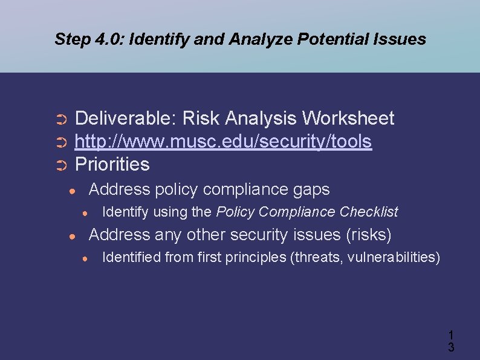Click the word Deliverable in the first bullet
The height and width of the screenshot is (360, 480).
[125, 119]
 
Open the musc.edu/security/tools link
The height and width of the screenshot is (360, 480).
[222, 142]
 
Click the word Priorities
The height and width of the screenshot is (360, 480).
[112, 165]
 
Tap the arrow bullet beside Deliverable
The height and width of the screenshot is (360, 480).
[60, 119]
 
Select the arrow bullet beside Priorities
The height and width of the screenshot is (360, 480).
[60, 165]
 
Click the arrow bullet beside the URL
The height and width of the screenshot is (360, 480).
[60, 142]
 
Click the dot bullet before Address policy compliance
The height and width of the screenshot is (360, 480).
[72, 191]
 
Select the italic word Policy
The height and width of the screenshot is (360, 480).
[233, 212]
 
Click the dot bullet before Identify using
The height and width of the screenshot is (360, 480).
[86, 213]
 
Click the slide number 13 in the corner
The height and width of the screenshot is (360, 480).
[450, 341]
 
